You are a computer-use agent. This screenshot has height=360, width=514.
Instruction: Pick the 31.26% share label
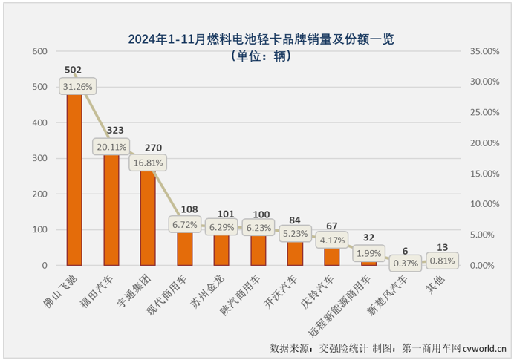(x=78, y=87)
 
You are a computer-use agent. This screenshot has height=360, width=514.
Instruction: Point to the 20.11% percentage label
(x=110, y=147)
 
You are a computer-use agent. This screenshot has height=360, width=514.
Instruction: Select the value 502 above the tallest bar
(x=73, y=71)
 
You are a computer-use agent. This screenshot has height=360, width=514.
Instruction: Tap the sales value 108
(x=188, y=209)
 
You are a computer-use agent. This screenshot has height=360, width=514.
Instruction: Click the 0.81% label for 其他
(x=442, y=261)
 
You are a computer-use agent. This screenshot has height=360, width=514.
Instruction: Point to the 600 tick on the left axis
(x=39, y=51)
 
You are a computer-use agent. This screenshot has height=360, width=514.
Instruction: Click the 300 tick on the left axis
(x=39, y=158)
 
